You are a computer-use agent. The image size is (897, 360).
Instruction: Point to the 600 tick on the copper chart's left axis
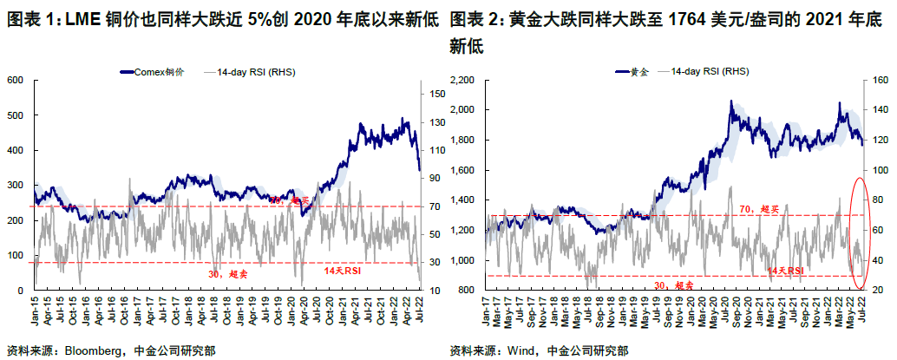click(x=14, y=81)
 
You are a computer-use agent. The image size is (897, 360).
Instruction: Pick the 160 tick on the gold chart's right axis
click(x=880, y=81)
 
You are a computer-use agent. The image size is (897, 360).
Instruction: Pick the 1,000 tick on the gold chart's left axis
click(x=469, y=260)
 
